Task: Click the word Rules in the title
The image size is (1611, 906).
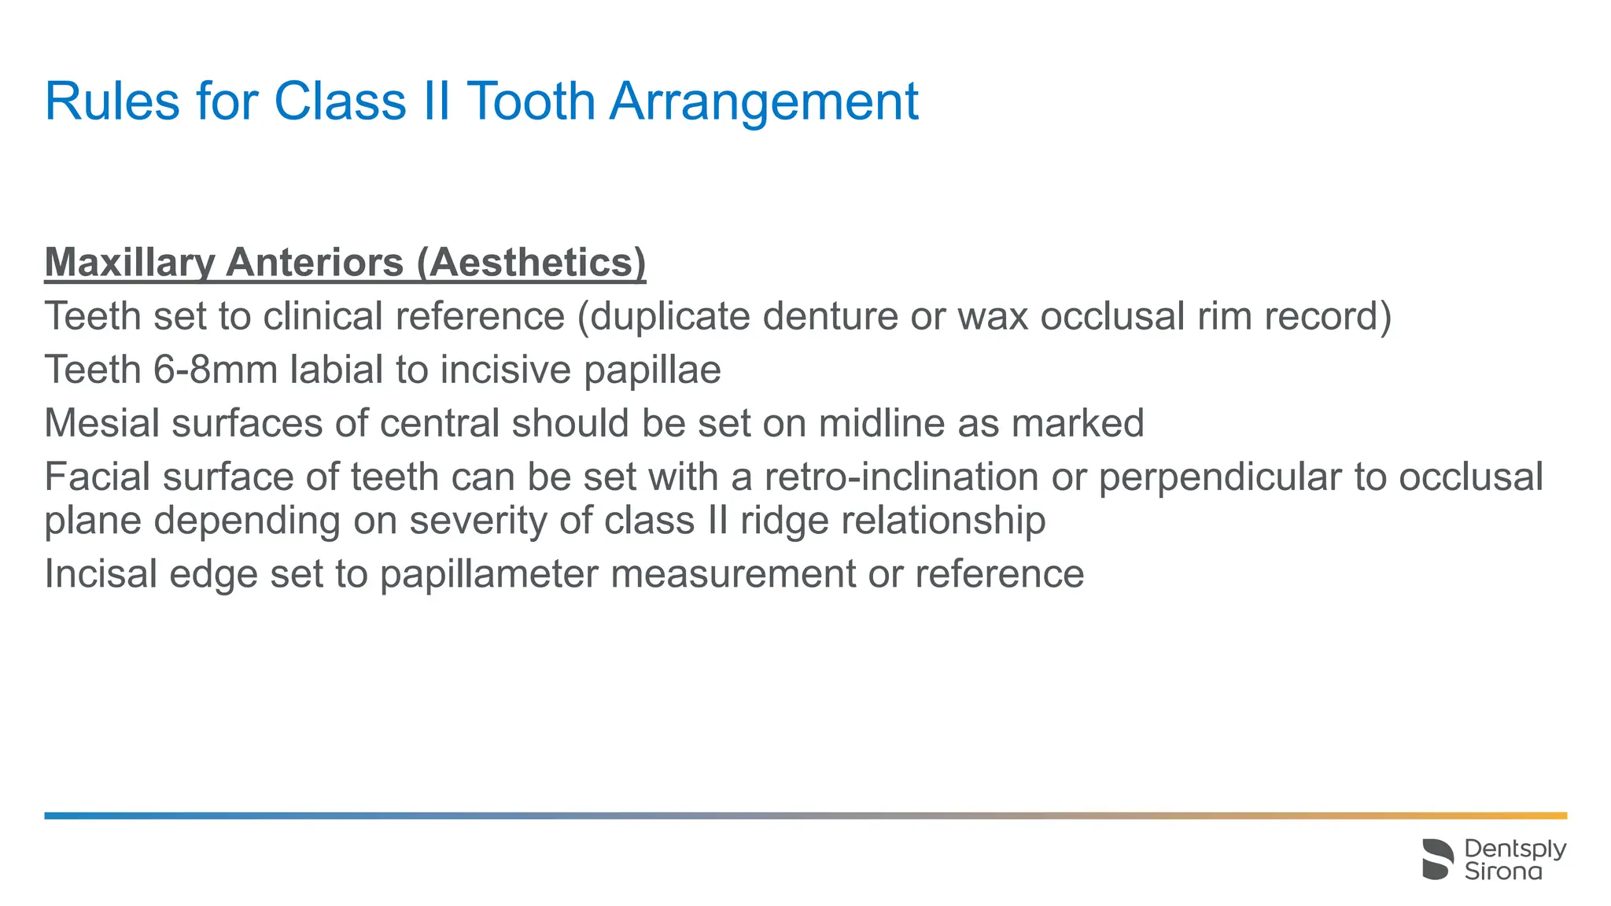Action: coord(112,101)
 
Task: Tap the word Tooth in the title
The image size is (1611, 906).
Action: coord(531,101)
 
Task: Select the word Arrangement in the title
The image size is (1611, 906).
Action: coord(764,103)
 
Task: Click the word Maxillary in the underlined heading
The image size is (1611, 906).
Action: coord(129,263)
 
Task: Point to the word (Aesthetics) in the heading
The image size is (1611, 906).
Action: coord(531,263)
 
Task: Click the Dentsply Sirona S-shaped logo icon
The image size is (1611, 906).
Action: coord(1438,859)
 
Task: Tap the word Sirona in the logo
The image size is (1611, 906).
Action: coord(1503,871)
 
